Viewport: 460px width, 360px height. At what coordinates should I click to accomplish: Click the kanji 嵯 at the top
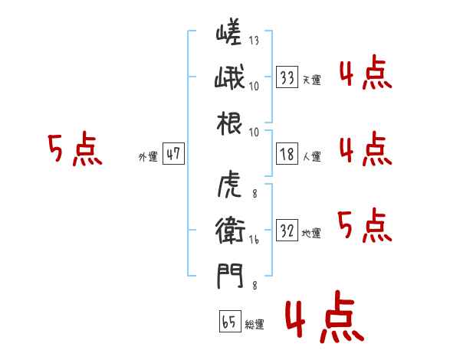pos(229,33)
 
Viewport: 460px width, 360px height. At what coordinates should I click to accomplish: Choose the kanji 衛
pos(229,230)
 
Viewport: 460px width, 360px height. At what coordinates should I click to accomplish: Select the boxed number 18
pos(287,154)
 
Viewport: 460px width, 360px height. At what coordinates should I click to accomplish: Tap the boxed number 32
pos(287,231)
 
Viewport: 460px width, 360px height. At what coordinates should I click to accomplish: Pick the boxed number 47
pos(173,154)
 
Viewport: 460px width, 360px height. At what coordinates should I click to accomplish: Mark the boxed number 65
pos(229,322)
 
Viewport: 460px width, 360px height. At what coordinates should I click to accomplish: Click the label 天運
pos(311,80)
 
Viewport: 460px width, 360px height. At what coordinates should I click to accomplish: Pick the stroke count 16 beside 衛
pos(254,239)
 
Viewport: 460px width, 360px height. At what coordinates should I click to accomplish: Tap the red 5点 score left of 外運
pos(74,149)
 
